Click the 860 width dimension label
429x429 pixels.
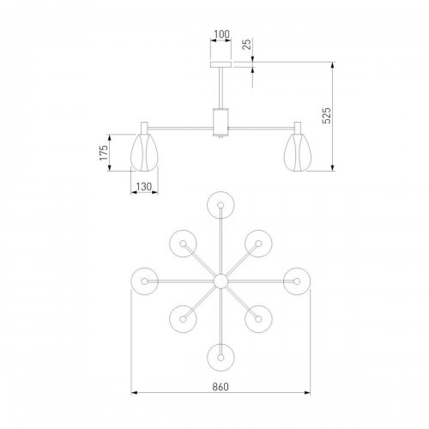click(221, 387)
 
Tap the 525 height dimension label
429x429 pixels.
click(327, 116)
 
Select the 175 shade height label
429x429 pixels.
click(104, 153)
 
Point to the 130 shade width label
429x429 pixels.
click(143, 187)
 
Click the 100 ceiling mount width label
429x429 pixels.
click(221, 34)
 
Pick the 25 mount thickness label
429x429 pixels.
click(247, 44)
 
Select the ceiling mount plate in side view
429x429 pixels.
click(221, 64)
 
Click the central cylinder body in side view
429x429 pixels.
click(221, 121)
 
